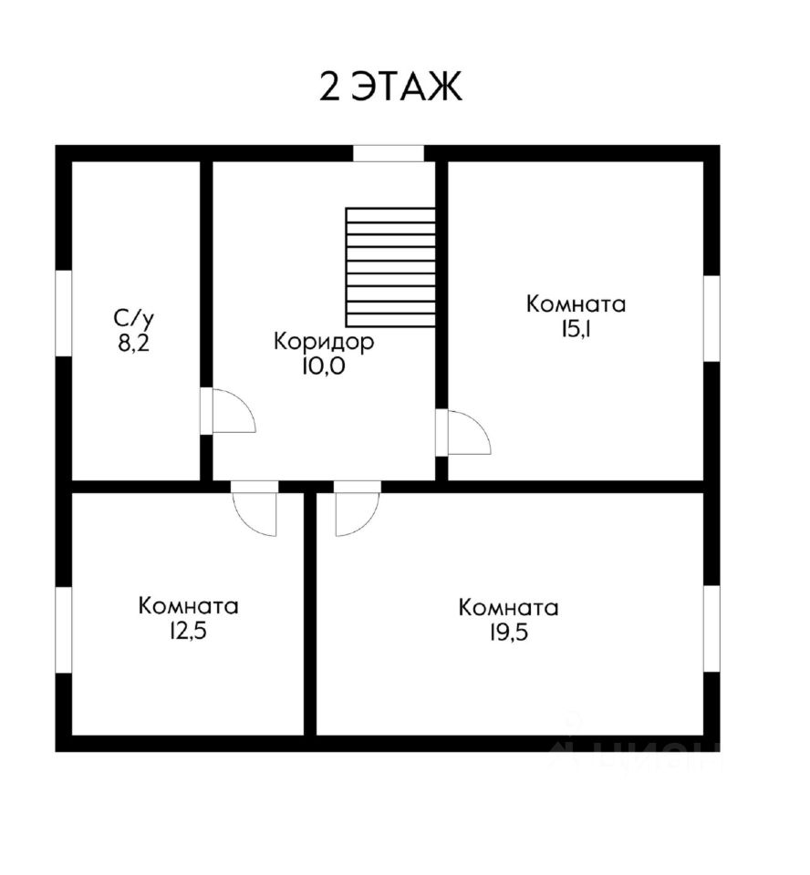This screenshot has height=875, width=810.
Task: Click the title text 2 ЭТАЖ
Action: coord(391,87)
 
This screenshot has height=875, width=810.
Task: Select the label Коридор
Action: coord(324,343)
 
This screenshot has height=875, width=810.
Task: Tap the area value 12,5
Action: coord(189,631)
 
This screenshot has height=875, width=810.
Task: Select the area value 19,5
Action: coord(509,633)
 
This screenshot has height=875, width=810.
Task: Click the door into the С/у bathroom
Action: coord(228,412)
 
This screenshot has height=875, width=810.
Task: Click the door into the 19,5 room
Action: coord(356,510)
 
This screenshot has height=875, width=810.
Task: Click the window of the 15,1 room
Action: coord(711,318)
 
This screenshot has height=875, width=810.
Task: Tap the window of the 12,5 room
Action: coord(64,630)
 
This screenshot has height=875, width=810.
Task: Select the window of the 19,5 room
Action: coord(711,628)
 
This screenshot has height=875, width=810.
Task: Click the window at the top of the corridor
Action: coord(389,153)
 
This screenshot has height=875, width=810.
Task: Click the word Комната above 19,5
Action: coord(509,608)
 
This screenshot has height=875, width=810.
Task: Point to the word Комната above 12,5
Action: coord(189,606)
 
